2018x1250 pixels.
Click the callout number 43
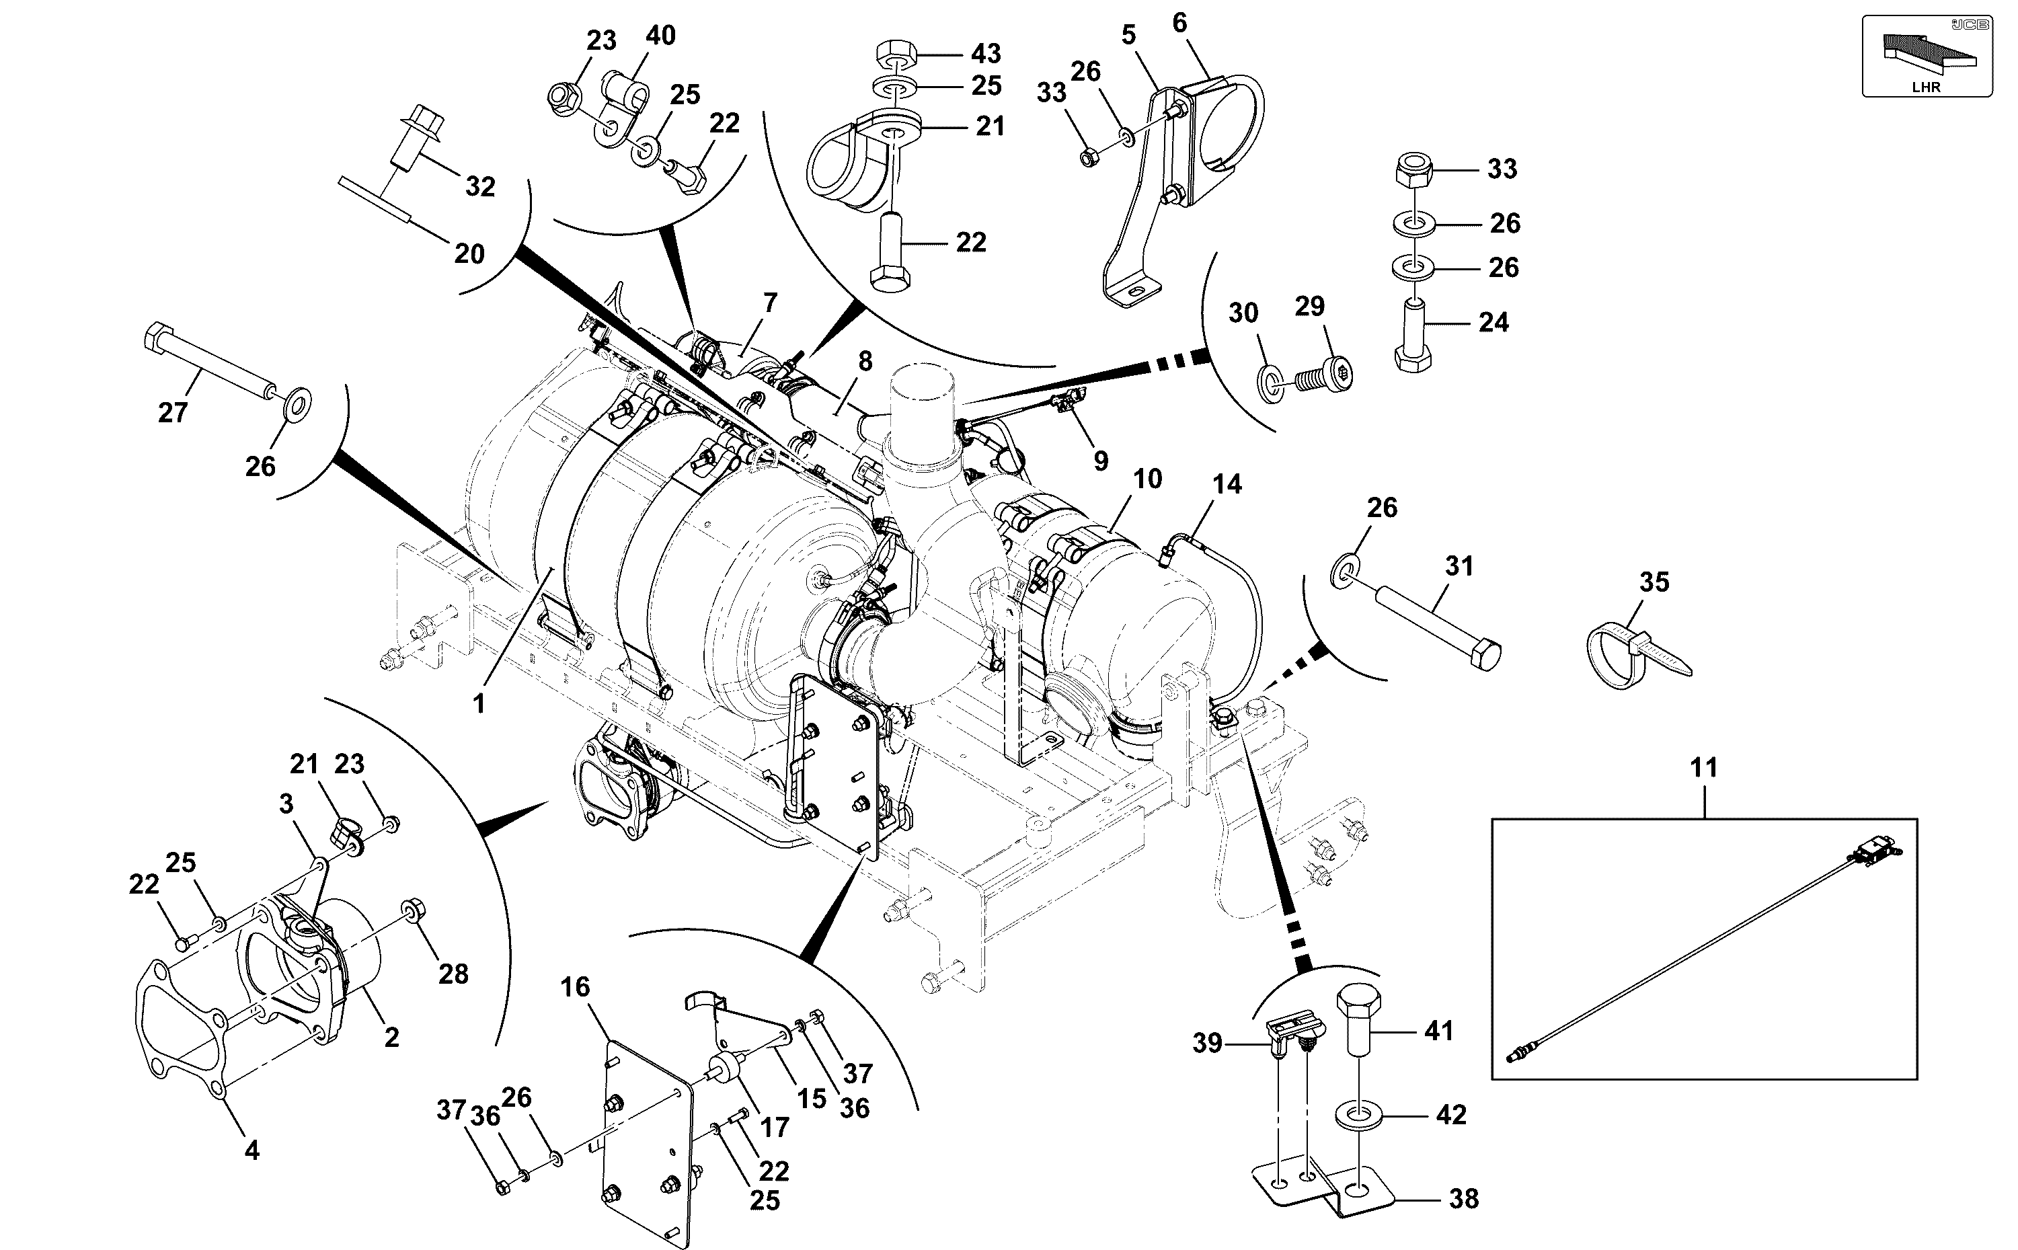tap(985, 54)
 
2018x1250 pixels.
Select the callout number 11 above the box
tap(1704, 768)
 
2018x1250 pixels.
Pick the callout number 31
tap(1460, 566)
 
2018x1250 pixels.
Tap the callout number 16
tap(576, 986)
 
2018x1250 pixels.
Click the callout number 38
tap(1463, 1199)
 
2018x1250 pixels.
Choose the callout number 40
tap(660, 36)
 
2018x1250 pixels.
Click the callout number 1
tap(479, 705)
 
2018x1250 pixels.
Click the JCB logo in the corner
tap(1970, 25)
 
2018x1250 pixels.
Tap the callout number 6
tap(1179, 23)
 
